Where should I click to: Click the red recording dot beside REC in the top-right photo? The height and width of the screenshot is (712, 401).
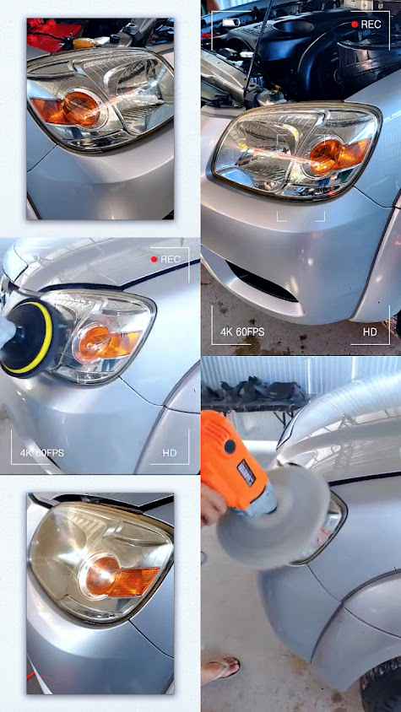pyautogui.click(x=355, y=24)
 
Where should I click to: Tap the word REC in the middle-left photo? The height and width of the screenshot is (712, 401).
pyautogui.click(x=171, y=259)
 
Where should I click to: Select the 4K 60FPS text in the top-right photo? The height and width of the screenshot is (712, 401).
pyautogui.click(x=242, y=332)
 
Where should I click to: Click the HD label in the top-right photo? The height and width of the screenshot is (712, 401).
pyautogui.click(x=370, y=332)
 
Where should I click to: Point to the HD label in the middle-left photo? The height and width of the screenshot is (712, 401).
pyautogui.click(x=170, y=453)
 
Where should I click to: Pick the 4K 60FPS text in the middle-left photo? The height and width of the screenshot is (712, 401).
pyautogui.click(x=42, y=453)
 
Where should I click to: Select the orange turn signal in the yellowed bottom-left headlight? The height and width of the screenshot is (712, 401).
pyautogui.click(x=120, y=576)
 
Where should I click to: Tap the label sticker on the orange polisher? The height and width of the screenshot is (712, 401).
pyautogui.click(x=246, y=472)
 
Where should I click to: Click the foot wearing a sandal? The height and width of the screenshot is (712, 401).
pyautogui.click(x=220, y=667)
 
